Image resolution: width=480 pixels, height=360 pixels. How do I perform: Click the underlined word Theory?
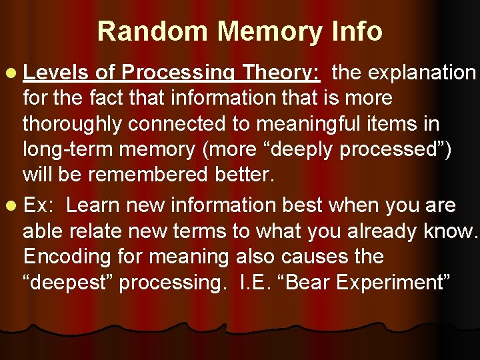pos(281,72)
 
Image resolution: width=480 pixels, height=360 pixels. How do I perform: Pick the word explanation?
pos(404,72)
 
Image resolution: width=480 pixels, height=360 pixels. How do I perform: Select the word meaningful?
pos(319,124)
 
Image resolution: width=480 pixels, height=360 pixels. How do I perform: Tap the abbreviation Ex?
pos(39,205)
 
